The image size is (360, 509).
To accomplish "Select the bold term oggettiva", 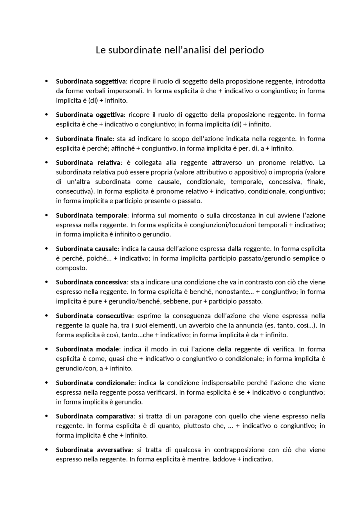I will point(110,115).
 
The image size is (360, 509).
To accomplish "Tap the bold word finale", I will point(104,139).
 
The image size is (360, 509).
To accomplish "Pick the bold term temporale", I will point(112,216).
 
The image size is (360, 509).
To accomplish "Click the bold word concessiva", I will point(111,282).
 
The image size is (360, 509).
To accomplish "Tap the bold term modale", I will point(107,349).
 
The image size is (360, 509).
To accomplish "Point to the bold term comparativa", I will point(114,416).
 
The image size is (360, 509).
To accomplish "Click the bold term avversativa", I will point(114,450).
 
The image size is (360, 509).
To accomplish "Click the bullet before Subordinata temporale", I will point(46,216).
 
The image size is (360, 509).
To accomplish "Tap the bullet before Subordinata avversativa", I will point(46,450).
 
